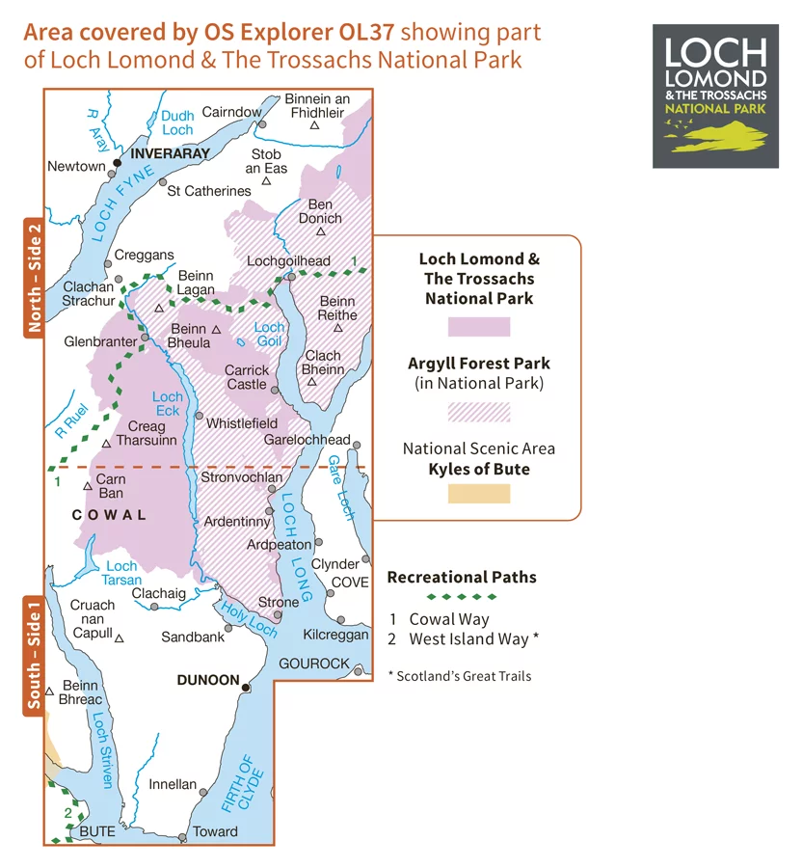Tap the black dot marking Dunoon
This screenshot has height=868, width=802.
pyautogui.click(x=247, y=688)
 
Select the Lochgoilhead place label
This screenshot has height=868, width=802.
pyautogui.click(x=288, y=260)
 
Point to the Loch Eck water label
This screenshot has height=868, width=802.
pyautogui.click(x=167, y=404)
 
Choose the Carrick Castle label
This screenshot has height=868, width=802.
pyautogui.click(x=246, y=376)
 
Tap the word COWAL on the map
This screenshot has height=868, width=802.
pyautogui.click(x=110, y=515)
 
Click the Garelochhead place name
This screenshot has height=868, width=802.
pyautogui.click(x=307, y=439)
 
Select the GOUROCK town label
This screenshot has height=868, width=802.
pyautogui.click(x=313, y=664)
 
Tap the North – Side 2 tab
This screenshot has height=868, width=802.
pyautogui.click(x=34, y=279)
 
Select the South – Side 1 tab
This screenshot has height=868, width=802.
pyautogui.click(x=34, y=657)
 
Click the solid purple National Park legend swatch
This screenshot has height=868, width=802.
pyautogui.click(x=478, y=326)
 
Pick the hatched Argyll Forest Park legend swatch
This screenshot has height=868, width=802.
pyautogui.click(x=478, y=412)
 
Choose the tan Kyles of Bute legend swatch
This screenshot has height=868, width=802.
pyautogui.click(x=478, y=495)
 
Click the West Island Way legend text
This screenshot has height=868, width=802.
pyautogui.click(x=472, y=638)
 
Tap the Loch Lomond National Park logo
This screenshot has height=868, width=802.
pyautogui.click(x=715, y=96)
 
